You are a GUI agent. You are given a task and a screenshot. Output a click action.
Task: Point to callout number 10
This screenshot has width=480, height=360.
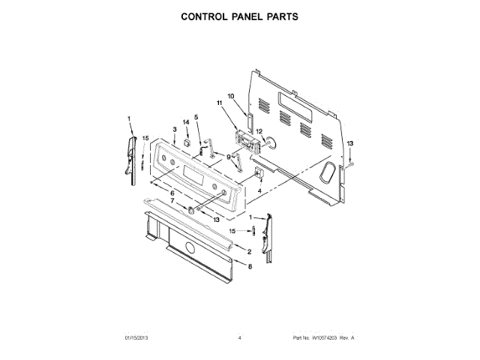[x=231, y=96]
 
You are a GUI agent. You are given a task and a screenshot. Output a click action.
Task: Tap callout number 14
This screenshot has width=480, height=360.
[x=187, y=121]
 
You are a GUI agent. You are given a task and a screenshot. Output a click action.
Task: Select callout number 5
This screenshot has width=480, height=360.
[x=196, y=118]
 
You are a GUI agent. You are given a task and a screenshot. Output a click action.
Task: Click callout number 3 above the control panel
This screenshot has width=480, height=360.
[x=175, y=129]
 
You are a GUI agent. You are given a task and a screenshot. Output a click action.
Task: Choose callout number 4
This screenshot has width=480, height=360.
[x=259, y=191]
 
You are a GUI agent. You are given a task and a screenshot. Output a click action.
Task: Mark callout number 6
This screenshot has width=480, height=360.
[x=172, y=193]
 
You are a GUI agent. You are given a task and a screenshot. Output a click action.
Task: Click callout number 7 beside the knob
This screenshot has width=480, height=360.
[x=172, y=201]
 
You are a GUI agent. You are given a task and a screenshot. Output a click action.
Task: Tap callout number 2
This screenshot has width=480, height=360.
[x=249, y=251]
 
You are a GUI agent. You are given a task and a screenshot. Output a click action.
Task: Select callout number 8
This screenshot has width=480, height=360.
[x=250, y=266]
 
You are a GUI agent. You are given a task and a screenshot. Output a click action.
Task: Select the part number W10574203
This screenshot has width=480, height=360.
[x=324, y=338]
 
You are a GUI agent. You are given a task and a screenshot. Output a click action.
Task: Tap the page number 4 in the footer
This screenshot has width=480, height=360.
[x=239, y=338]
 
